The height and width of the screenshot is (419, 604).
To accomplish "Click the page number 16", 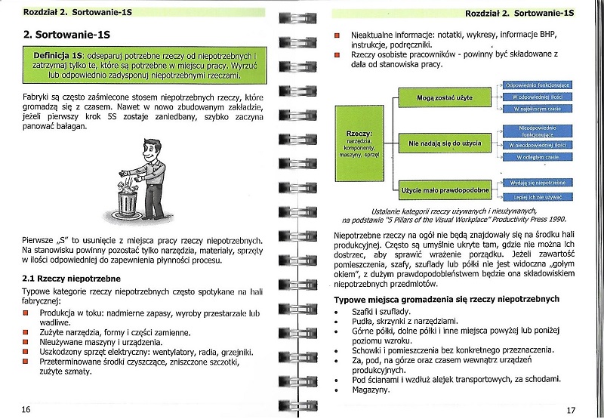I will [26, 408].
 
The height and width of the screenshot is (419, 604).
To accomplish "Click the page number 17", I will [571, 409].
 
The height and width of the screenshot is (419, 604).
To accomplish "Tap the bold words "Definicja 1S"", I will [58, 56].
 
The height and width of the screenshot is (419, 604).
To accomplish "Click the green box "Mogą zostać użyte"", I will [445, 97].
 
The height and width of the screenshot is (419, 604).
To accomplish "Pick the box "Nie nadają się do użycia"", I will [445, 142].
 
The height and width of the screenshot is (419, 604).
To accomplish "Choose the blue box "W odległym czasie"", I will [538, 157].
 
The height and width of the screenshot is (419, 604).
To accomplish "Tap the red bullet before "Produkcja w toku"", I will [26, 313].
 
